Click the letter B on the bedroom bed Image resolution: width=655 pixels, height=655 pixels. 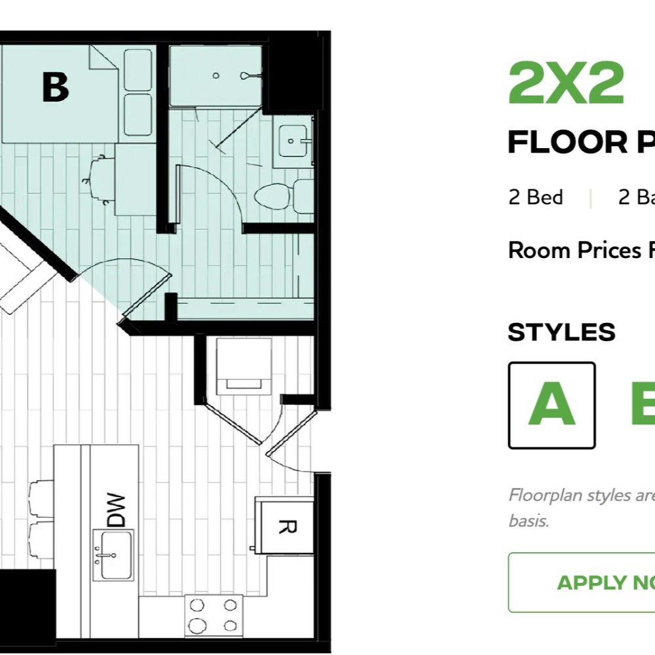tap(55, 87)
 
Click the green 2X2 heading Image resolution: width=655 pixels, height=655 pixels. tap(566, 83)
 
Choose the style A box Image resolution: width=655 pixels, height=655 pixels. tap(552, 405)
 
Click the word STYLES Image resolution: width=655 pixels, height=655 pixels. tap(561, 333)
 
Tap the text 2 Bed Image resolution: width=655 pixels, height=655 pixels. tap(535, 197)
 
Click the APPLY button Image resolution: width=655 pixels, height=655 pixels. tap(589, 582)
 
